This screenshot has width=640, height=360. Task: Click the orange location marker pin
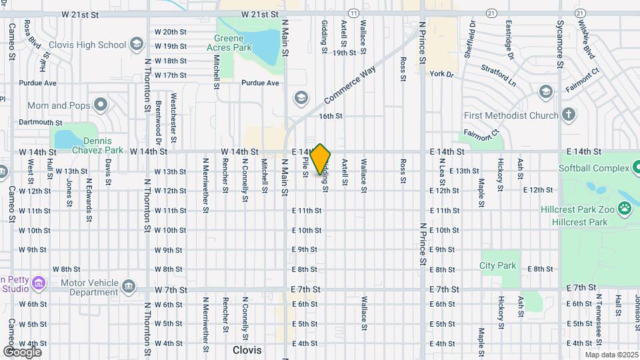point(321,159)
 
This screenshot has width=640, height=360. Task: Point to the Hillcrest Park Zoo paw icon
point(625,209)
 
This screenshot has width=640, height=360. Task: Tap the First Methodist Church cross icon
point(568,115)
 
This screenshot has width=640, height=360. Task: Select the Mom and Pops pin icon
point(101,105)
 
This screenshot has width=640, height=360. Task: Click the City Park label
point(498,265)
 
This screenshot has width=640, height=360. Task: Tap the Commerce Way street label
point(351,84)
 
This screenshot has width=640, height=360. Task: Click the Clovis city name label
point(247,349)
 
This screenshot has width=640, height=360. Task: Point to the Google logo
point(22,352)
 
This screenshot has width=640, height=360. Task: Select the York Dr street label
point(441,74)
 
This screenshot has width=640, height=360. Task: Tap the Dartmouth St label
point(40,123)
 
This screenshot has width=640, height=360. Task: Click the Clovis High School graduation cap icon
point(136,45)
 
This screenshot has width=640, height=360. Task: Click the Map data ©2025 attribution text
point(610,355)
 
